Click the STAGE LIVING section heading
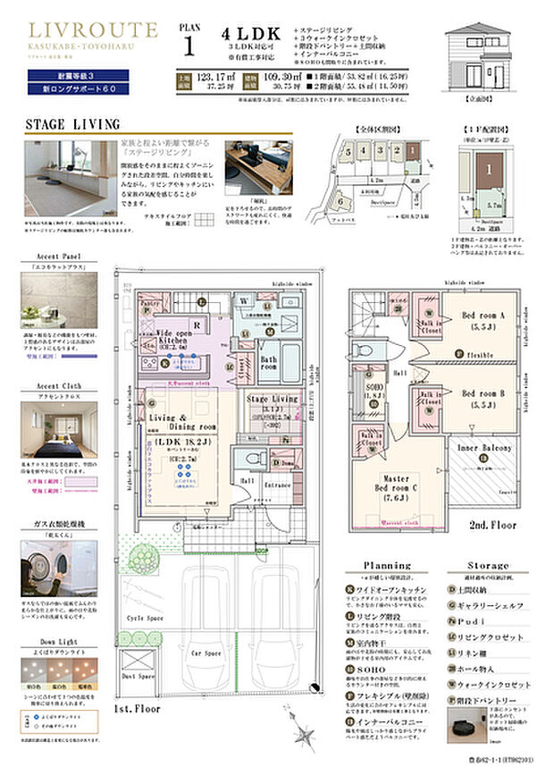point(71,122)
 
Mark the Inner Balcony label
point(484,448)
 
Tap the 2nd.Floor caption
point(492,526)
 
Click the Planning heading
point(387,566)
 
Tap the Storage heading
point(488,566)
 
